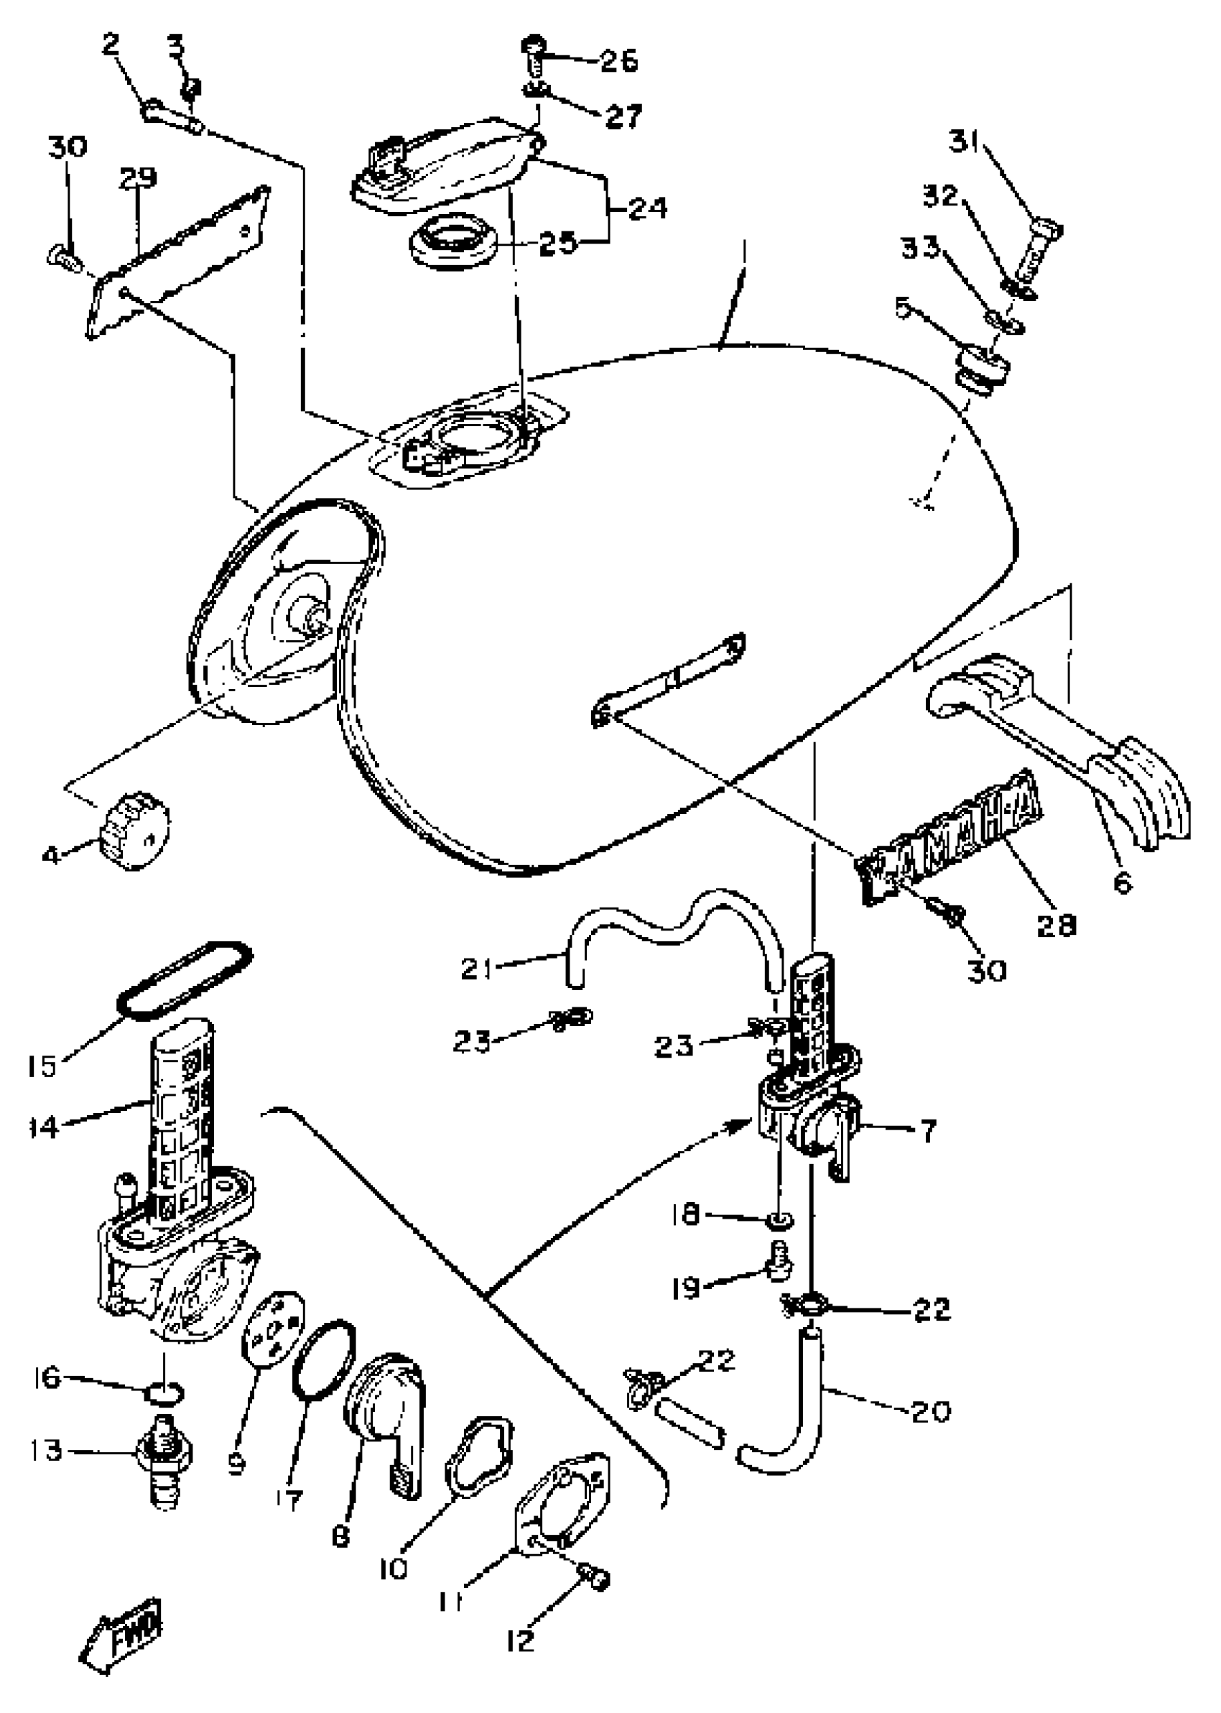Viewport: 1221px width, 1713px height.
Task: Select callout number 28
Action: (x=1056, y=924)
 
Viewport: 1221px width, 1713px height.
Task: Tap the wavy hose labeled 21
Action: (x=669, y=928)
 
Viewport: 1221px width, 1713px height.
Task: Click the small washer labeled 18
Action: (x=781, y=1217)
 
